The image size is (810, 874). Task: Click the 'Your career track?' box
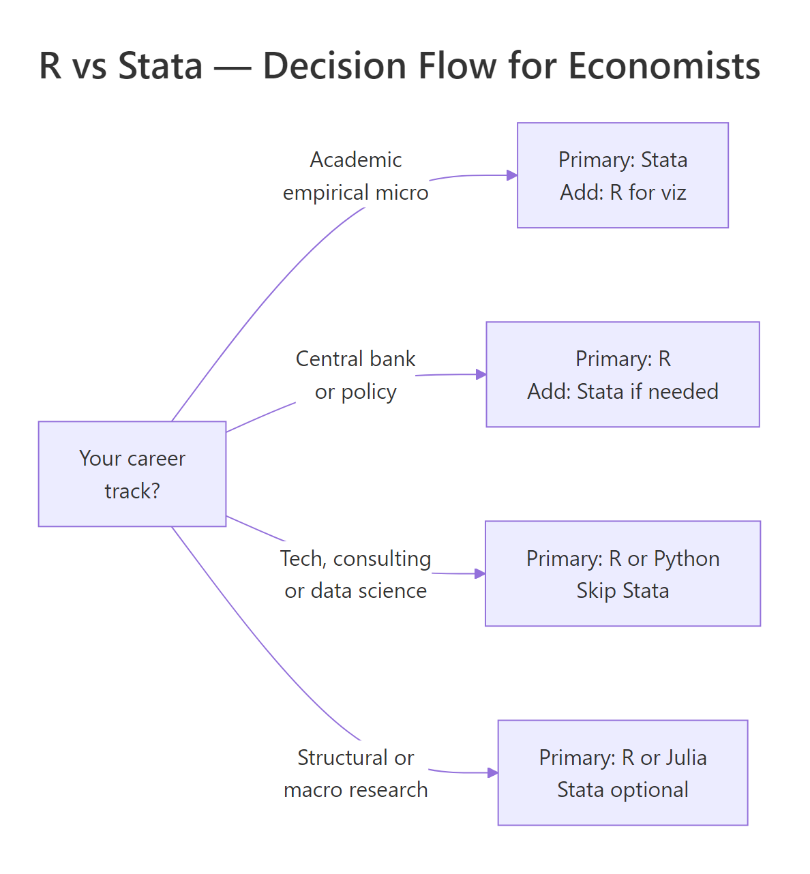(132, 474)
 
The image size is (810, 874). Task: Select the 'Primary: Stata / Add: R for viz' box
(622, 175)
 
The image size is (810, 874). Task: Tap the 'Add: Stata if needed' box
(622, 374)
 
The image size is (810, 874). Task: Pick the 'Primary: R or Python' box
(622, 573)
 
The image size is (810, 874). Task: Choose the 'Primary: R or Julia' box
(622, 772)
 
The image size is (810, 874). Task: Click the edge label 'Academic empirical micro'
(355, 176)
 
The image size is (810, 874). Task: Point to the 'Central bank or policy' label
(355, 375)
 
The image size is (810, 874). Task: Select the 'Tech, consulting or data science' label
(355, 574)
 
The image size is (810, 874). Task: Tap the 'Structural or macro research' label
(355, 773)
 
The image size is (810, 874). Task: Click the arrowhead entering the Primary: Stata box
(512, 175)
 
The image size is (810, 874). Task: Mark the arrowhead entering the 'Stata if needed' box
(481, 374)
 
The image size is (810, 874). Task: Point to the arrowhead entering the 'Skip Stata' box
(480, 573)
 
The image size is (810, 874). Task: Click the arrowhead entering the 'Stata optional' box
(493, 772)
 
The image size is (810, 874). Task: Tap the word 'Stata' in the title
(160, 66)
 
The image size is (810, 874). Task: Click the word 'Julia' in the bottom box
(686, 757)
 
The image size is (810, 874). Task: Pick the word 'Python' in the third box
(686, 558)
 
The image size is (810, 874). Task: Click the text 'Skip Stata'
(622, 590)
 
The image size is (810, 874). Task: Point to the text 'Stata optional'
(622, 789)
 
